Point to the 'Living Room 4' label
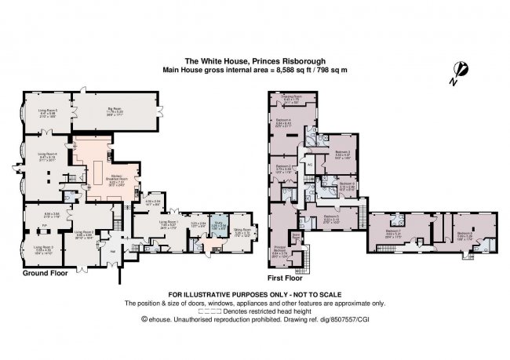click(46, 156)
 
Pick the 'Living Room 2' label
click(84, 233)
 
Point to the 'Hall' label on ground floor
click(113, 251)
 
